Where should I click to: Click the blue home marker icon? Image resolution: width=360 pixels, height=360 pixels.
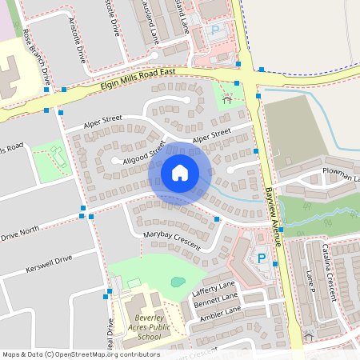pos(180,172)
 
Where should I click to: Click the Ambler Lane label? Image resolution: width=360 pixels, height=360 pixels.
pos(220,314)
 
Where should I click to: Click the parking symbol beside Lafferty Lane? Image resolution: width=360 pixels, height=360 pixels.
pos(261,258)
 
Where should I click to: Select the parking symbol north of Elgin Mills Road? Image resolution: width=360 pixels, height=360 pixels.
pos(214,30)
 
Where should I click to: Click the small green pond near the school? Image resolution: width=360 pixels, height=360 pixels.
pos(178,282)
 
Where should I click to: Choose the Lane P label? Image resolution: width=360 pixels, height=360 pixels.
pos(311,283)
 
